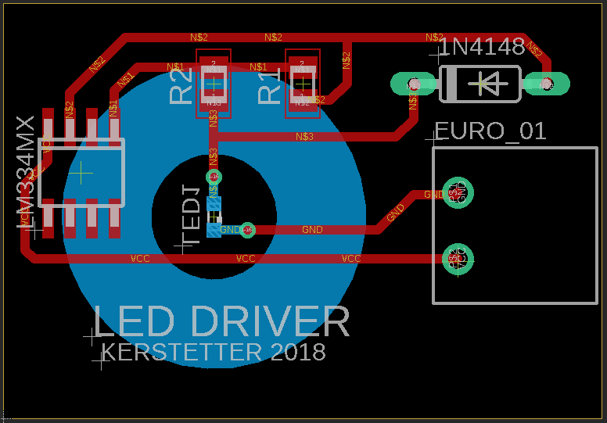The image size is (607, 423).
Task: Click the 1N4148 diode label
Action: click(482, 47)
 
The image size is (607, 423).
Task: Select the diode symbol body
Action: click(479, 84)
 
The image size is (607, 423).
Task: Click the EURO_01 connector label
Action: click(490, 131)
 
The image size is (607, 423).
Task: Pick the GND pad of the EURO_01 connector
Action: click(454, 192)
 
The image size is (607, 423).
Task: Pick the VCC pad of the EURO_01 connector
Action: click(454, 258)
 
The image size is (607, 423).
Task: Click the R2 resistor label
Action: click(181, 85)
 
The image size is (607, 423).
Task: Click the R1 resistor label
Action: click(270, 85)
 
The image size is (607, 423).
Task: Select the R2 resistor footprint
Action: click(213, 84)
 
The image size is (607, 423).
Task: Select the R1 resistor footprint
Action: click(302, 84)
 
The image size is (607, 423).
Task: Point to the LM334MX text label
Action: click(26, 173)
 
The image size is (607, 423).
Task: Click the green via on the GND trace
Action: click(247, 230)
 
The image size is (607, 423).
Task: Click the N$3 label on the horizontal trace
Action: click(304, 138)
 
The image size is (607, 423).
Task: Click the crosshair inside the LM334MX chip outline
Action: click(82, 172)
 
